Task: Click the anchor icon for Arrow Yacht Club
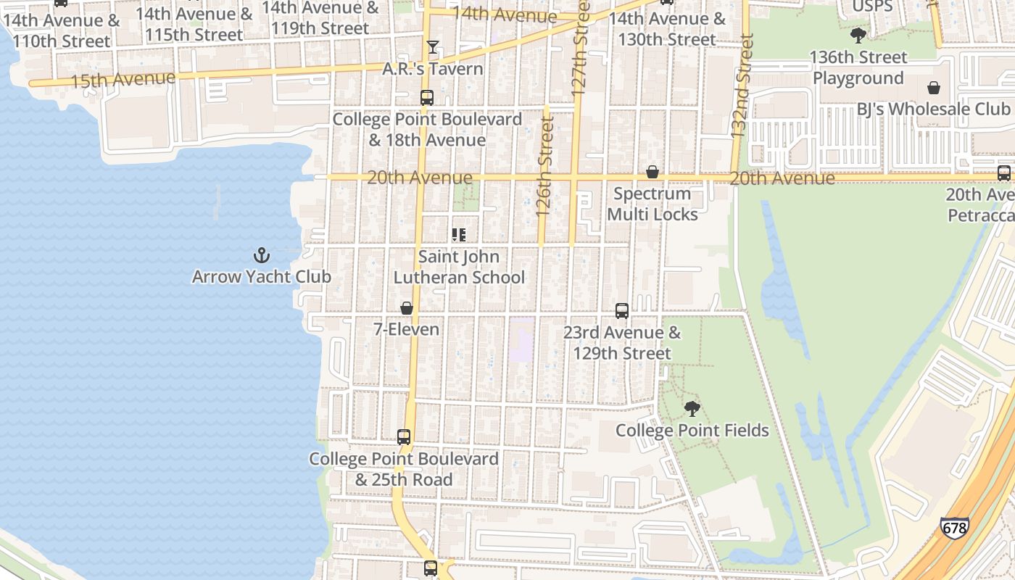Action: coord(261,255)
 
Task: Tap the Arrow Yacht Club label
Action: coord(261,277)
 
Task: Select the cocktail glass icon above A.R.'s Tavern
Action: coord(433,47)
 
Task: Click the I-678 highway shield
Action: coord(953,527)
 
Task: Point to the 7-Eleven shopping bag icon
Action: coord(407,308)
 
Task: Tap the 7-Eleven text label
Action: coord(406,329)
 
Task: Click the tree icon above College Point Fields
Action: coord(692,409)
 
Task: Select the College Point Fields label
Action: coord(692,431)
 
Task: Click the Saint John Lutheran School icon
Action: coord(458,235)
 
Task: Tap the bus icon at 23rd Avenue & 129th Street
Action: coord(622,311)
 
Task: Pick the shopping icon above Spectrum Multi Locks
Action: coord(652,172)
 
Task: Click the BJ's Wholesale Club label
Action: coord(933,109)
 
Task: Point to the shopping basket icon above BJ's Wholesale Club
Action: coord(933,88)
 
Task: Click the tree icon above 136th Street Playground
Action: coord(858,36)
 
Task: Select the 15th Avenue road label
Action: coord(123,79)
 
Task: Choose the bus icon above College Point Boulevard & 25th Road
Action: coord(404,437)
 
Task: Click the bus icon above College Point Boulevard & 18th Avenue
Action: coord(427,98)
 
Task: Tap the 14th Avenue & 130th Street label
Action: coord(667,29)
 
